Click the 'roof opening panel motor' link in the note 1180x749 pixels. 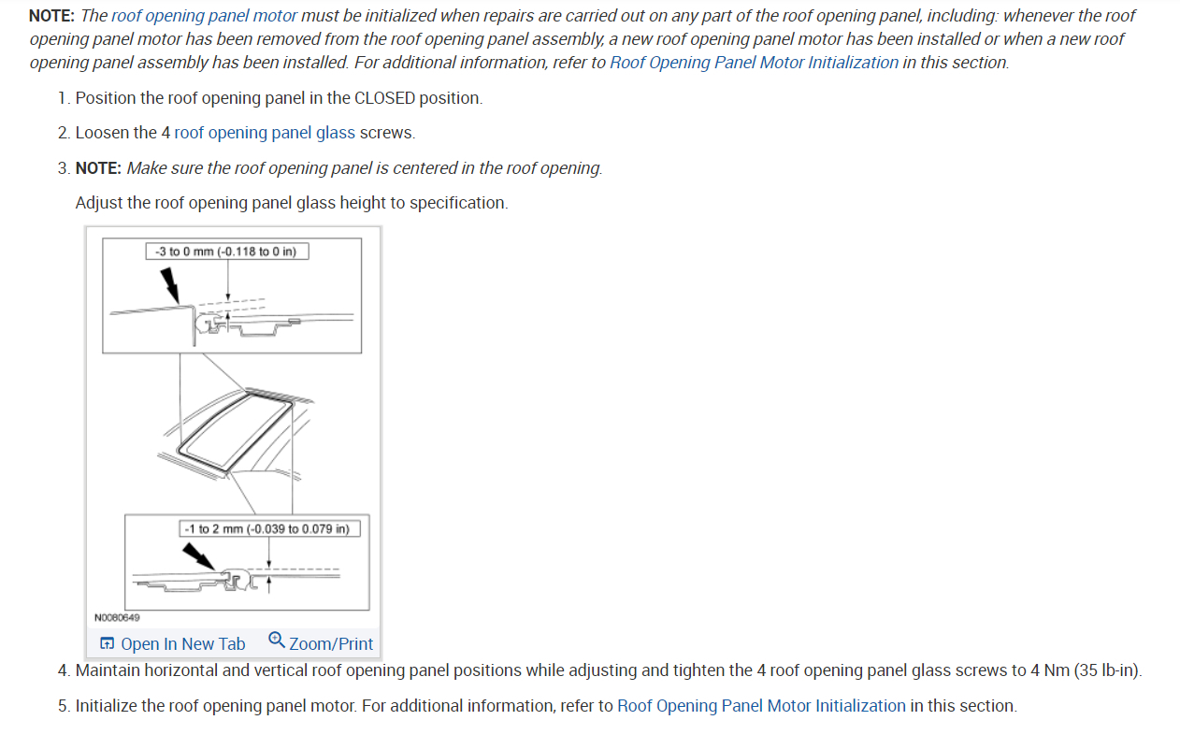[204, 16]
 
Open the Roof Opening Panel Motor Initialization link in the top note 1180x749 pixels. [754, 63]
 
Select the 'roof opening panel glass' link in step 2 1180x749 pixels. [265, 133]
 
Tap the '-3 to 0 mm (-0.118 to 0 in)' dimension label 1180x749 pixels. [227, 252]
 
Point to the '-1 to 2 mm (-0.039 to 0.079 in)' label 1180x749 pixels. [269, 528]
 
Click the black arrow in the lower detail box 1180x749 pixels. [198, 557]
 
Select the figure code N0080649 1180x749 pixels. [117, 617]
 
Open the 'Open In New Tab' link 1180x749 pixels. [182, 643]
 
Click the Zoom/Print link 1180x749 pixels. [331, 643]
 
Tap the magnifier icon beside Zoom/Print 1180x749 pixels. [276, 641]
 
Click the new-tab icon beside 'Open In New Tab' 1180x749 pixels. [108, 643]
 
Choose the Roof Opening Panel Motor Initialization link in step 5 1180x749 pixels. [761, 706]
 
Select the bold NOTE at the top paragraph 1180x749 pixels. [52, 16]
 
